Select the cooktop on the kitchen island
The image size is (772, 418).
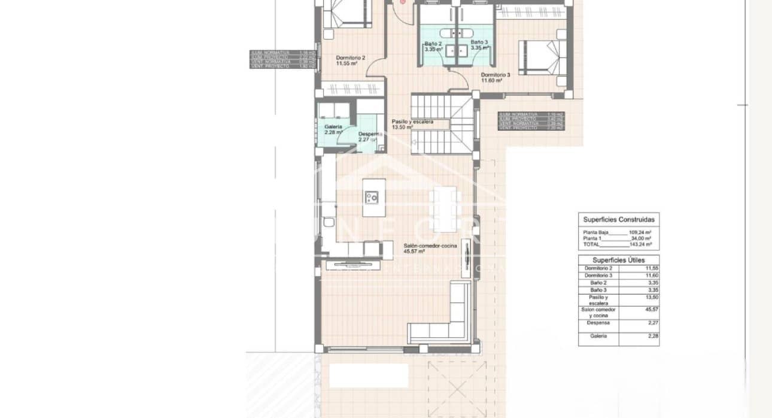[x=372, y=196]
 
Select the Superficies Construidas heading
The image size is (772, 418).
[x=619, y=220]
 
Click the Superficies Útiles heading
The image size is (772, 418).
[x=619, y=260]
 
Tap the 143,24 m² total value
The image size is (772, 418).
[x=640, y=244]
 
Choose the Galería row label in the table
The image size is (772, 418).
[x=598, y=336]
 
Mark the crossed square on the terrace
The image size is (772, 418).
[x=456, y=387]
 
